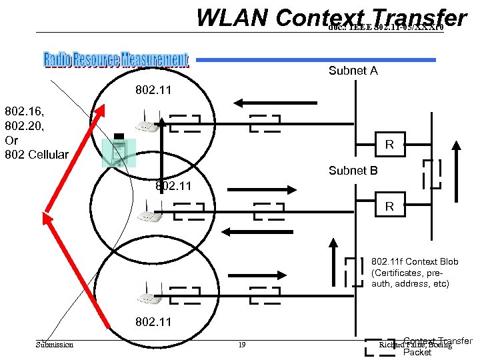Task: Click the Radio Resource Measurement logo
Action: tap(116, 60)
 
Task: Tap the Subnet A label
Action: tap(353, 71)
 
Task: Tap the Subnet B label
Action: tap(353, 171)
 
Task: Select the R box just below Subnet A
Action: tap(389, 144)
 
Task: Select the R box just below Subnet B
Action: tap(389, 208)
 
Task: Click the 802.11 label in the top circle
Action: tap(153, 89)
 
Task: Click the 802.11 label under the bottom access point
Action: tap(153, 322)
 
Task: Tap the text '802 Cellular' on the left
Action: tap(37, 155)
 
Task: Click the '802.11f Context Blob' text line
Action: tap(415, 262)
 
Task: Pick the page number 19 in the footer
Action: tap(242, 345)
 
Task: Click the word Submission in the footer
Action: tap(55, 345)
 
